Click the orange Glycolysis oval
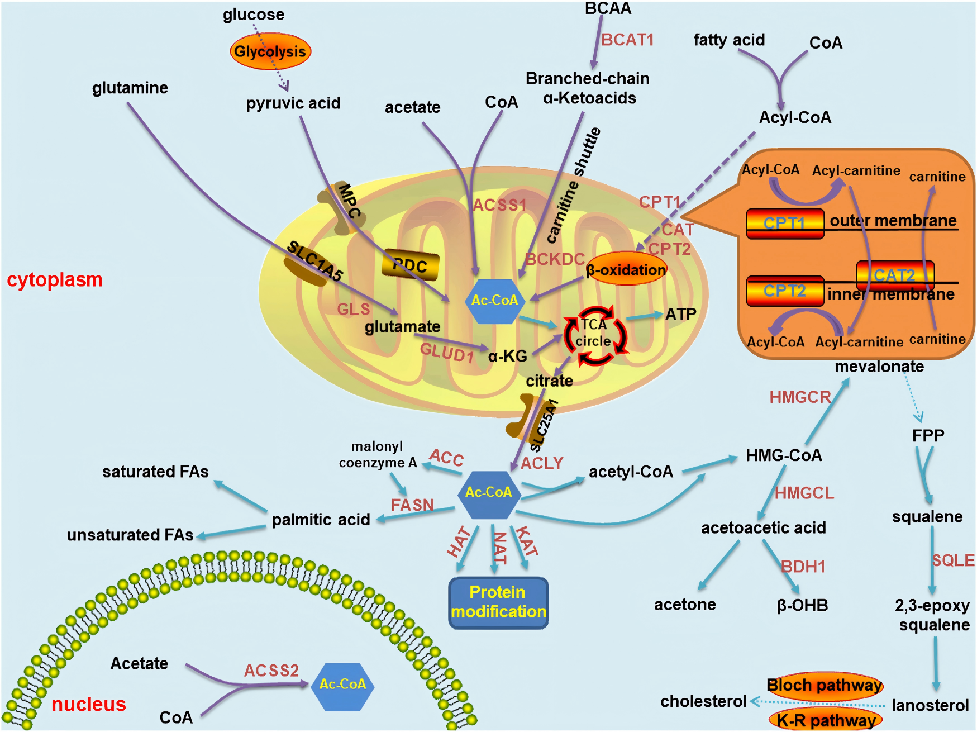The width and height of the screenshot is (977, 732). (270, 51)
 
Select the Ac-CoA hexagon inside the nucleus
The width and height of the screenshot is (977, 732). (342, 685)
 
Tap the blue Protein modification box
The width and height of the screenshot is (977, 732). (498, 602)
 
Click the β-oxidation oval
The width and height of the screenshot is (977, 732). (626, 270)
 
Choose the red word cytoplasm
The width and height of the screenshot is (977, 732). (55, 279)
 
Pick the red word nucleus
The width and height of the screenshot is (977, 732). (89, 704)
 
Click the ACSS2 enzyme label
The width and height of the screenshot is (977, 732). (271, 670)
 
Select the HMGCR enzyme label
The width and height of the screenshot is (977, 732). (800, 397)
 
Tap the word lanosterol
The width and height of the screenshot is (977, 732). (930, 705)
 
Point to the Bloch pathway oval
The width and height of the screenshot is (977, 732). (825, 685)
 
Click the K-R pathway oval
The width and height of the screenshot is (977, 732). (826, 720)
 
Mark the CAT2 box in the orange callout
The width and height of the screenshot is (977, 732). (895, 275)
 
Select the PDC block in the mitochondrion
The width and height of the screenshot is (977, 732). (411, 265)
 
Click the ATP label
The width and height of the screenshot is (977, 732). (680, 314)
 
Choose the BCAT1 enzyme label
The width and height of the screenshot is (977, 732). (627, 40)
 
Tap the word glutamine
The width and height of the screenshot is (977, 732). (130, 88)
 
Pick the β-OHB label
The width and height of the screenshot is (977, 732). (802, 605)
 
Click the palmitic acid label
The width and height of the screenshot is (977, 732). (321, 520)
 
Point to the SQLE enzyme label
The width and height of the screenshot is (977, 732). (953, 560)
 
